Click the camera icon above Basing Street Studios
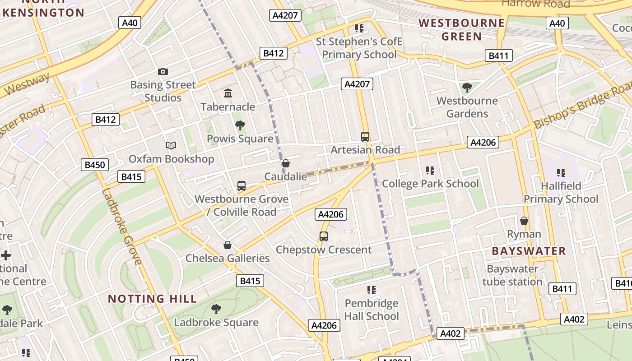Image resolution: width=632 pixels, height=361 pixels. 163,71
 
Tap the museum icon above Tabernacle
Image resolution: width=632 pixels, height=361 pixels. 228,93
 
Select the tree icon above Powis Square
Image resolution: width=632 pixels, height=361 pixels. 240,125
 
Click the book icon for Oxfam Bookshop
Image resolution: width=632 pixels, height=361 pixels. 171,145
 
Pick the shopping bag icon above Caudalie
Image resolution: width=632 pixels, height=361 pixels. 285,163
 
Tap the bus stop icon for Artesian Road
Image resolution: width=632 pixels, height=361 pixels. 365,136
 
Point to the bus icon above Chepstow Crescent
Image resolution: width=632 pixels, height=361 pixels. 324,236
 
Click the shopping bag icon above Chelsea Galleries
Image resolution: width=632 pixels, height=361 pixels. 228,245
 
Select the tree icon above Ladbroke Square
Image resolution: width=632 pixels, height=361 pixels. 216,309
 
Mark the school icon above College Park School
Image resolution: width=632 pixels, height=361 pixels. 430,171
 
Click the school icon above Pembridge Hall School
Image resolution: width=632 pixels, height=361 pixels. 372,290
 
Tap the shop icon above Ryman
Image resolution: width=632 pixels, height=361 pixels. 524,221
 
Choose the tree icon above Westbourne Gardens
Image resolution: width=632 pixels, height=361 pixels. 467,87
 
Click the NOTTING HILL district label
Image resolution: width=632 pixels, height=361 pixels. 153,299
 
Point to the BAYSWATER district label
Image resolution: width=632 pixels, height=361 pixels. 529,251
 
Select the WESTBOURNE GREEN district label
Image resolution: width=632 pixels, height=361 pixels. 462,29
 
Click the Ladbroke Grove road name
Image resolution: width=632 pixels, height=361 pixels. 121,226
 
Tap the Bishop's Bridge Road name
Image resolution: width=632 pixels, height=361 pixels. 582,107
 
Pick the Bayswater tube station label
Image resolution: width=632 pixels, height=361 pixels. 512,275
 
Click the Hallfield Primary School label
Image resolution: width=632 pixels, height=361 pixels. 561,192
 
